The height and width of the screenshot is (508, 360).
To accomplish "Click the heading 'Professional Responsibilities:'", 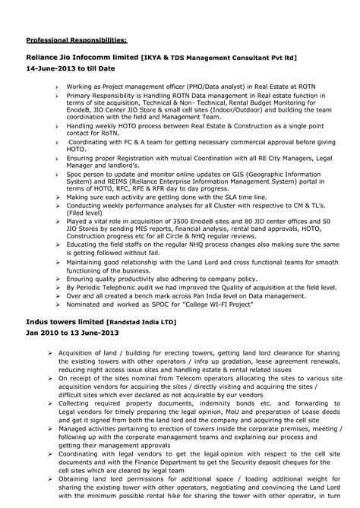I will pyautogui.click(x=77, y=39).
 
